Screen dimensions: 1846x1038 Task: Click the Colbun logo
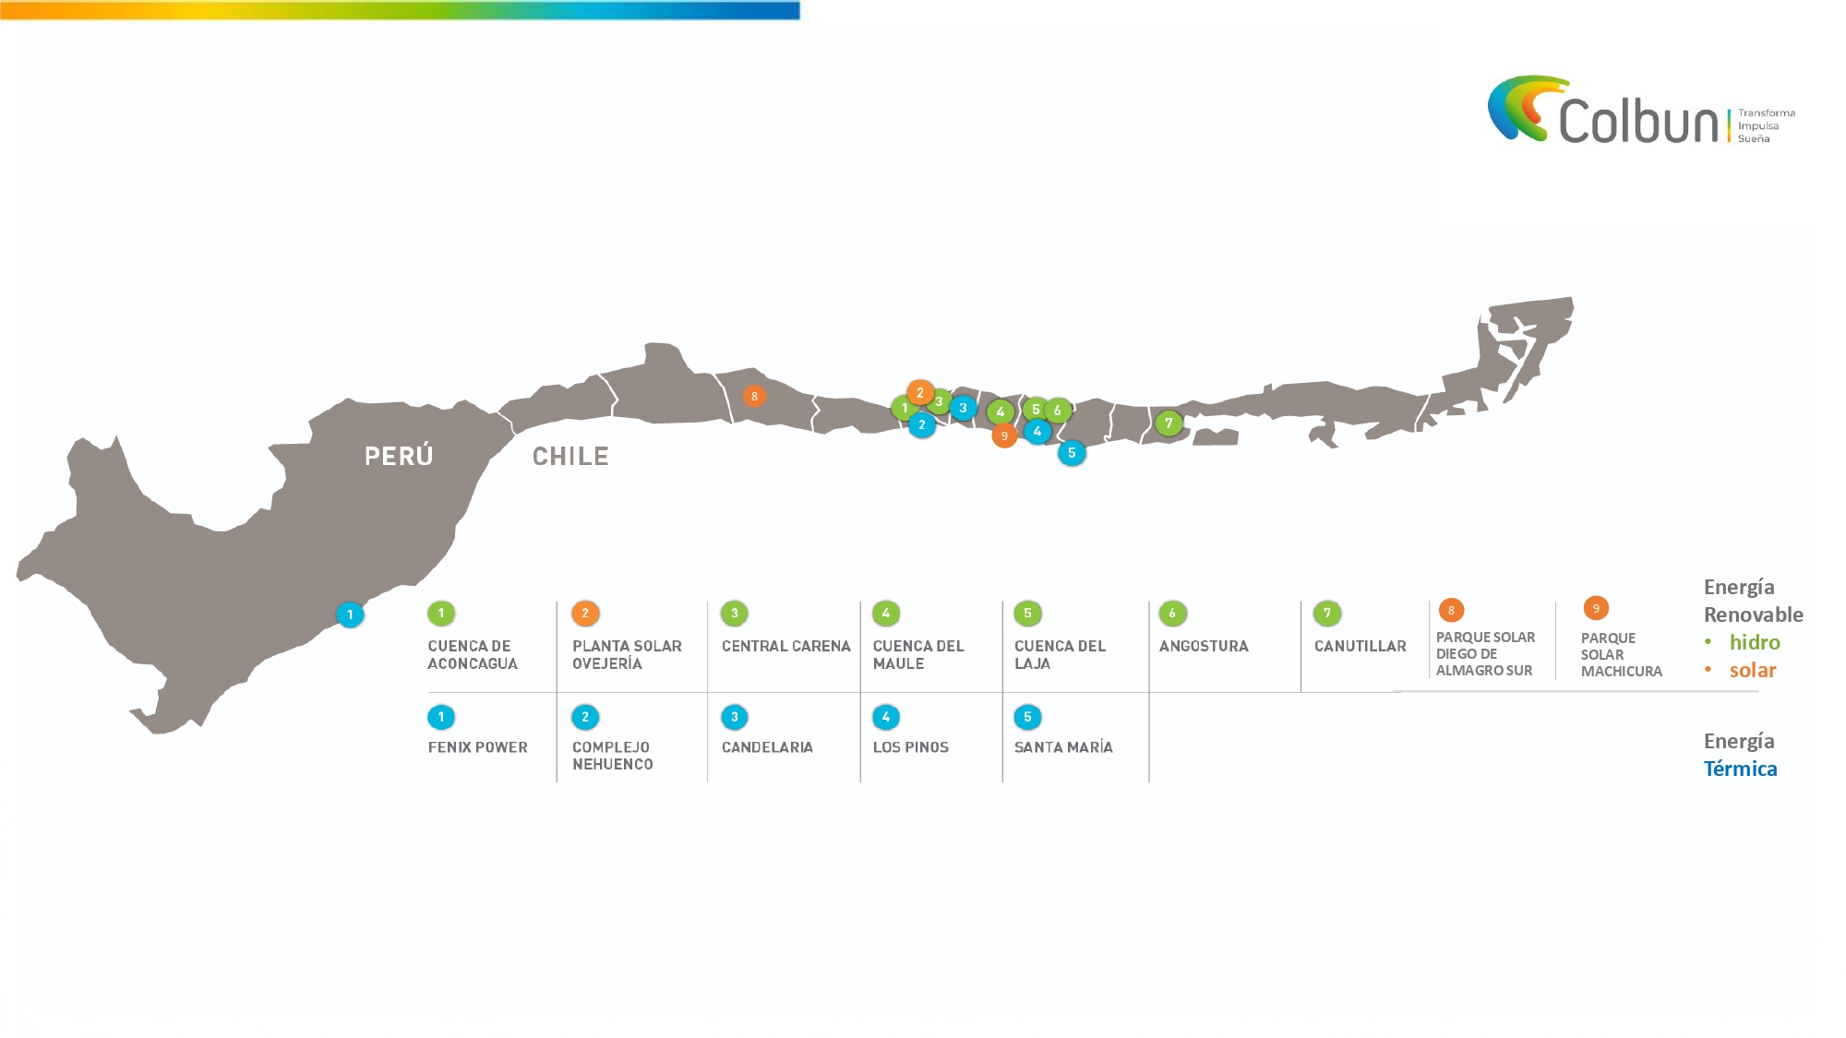[x=1641, y=111]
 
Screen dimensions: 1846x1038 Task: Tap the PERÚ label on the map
[x=399, y=456]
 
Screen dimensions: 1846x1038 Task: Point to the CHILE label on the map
[x=570, y=457]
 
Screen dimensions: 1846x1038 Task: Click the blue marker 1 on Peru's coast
[x=350, y=614]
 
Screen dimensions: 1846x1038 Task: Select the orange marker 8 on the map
[x=754, y=397]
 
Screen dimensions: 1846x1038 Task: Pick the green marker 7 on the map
[x=1169, y=424]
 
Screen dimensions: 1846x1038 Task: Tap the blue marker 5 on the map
[x=1072, y=453]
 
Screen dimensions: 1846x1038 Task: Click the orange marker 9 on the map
[x=1004, y=435]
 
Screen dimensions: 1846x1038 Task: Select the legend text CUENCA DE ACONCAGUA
[x=473, y=655]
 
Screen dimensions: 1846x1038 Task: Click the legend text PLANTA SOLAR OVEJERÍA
[x=627, y=655]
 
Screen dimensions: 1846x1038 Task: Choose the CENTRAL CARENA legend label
[x=786, y=647]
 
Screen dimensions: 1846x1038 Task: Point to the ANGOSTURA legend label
[x=1204, y=647]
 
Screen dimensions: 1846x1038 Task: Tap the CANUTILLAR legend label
[x=1361, y=647]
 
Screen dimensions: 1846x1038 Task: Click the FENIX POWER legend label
[x=478, y=747]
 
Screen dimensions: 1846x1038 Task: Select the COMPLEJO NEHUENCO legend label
[x=613, y=756]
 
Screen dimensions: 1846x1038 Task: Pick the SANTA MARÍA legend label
[x=1063, y=747]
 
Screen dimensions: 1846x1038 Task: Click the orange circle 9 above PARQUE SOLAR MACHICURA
[x=1596, y=608]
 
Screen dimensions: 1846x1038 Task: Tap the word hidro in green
[x=1755, y=642]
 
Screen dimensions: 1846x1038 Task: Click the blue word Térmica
[x=1740, y=769]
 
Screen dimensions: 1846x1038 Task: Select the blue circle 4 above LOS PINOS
[x=886, y=717]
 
